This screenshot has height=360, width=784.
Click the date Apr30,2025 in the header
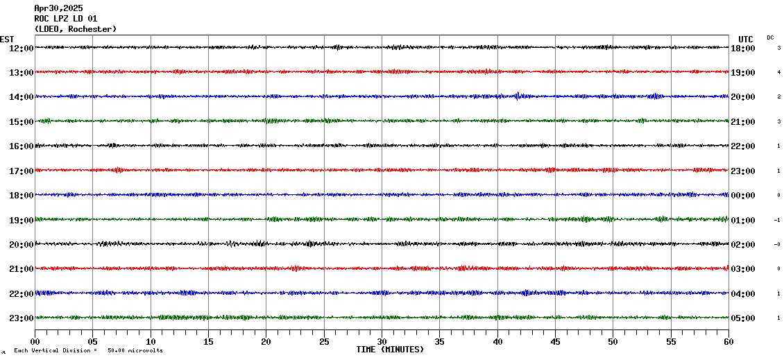(x=58, y=8)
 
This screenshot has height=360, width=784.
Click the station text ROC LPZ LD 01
(x=65, y=19)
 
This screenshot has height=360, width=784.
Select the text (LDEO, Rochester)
(x=75, y=29)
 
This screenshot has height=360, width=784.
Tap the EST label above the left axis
(x=7, y=39)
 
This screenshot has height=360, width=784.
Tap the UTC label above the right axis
(x=745, y=39)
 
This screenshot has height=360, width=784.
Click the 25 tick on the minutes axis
(x=324, y=342)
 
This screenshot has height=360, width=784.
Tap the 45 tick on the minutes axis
(x=555, y=342)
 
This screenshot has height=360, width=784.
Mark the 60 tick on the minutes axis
(x=728, y=342)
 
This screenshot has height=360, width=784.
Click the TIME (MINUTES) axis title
(x=390, y=350)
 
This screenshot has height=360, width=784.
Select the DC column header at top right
(x=770, y=37)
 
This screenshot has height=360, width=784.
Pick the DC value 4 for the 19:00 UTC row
(x=778, y=72)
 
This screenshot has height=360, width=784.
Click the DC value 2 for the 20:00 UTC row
(x=778, y=97)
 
